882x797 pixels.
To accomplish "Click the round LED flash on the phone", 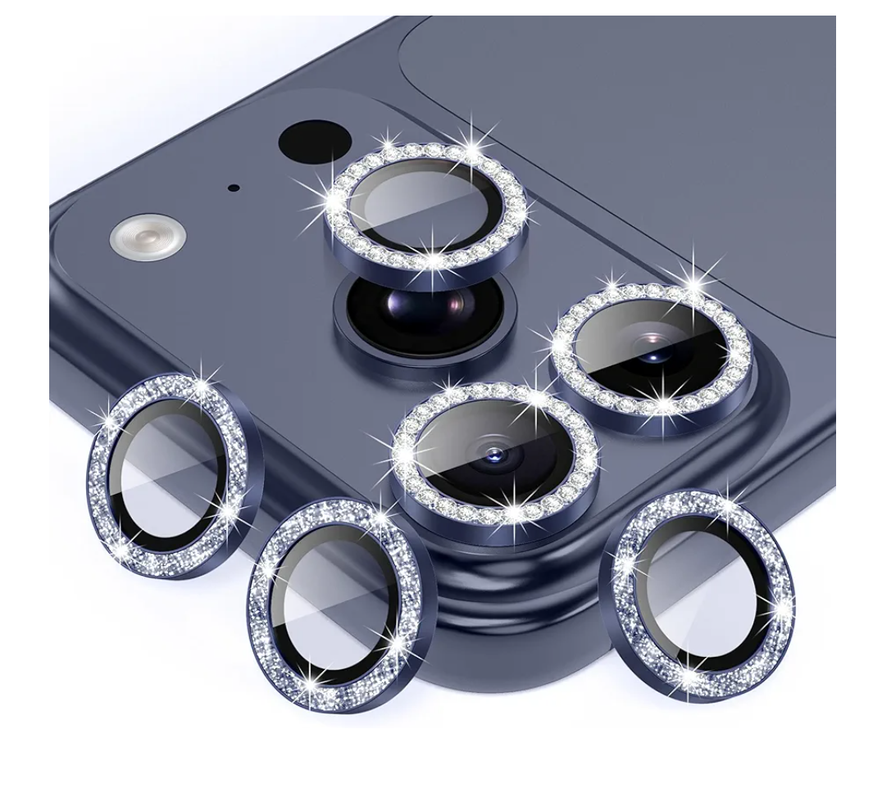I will click(x=147, y=238).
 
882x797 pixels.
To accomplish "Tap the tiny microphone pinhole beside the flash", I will click(x=234, y=188).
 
